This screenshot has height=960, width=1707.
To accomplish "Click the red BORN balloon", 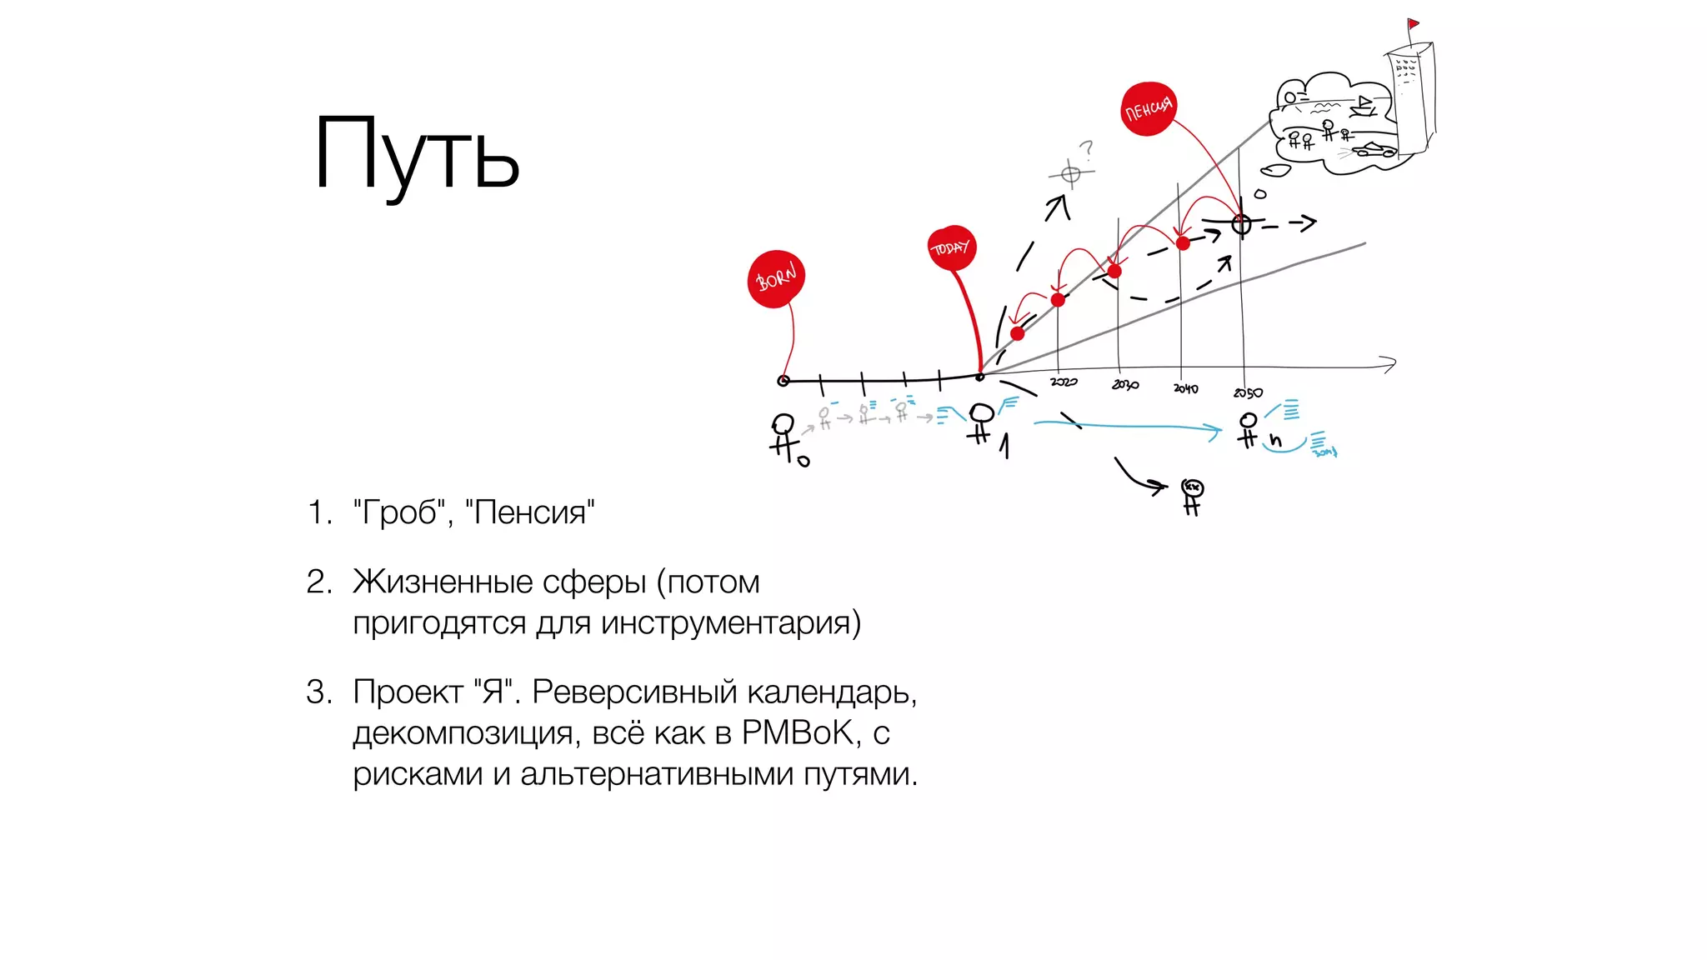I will tap(775, 278).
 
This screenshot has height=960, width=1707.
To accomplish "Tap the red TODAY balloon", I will tap(951, 247).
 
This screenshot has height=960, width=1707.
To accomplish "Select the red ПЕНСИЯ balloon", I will tap(1149, 108).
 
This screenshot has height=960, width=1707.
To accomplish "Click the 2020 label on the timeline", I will tap(1064, 382).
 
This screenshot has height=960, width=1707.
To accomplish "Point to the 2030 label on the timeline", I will tap(1125, 384).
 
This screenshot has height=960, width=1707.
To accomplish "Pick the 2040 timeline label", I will tap(1185, 388).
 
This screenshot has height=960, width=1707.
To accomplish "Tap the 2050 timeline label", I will tap(1248, 392).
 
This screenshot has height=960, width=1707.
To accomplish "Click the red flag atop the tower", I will tap(1413, 23).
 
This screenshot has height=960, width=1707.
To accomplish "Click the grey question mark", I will tap(1086, 150).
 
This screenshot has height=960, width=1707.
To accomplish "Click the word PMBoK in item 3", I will tap(798, 732).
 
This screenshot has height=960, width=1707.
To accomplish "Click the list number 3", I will tap(318, 692).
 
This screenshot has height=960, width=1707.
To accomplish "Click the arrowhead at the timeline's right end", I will tap(1389, 364).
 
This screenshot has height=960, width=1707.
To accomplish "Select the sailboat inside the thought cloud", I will tap(1364, 105).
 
